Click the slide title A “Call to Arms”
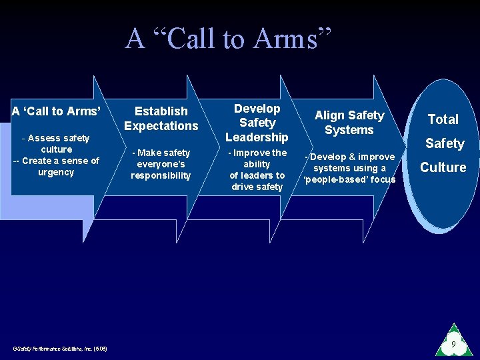pos(229,38)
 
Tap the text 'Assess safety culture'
pos(56,143)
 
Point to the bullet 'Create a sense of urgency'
pos(56,166)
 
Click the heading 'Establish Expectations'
pos(161,118)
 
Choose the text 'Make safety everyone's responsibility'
pos(161,164)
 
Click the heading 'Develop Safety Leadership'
pos(257,123)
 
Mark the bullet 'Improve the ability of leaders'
pos(257,169)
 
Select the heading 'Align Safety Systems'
pos(349,123)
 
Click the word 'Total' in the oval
pos(443,119)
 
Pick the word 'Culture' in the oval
pos(443,167)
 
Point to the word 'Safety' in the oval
pos(444,143)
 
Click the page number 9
pos(453,345)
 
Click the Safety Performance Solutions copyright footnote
pos(60,348)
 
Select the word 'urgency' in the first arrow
pos(57,172)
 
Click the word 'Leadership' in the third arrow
pos(257,137)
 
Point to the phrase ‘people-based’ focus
pos(349,179)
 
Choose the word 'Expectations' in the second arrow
pos(161,126)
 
